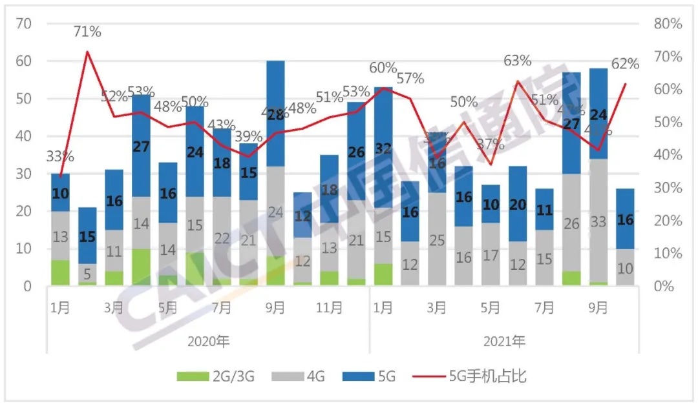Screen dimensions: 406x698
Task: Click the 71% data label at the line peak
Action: coord(87,31)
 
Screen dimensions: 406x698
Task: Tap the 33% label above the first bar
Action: coord(60,156)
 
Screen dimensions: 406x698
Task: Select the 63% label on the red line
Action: coord(517,61)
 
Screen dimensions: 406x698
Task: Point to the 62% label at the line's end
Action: coord(624,63)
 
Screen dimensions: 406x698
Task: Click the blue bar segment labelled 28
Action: coord(275,114)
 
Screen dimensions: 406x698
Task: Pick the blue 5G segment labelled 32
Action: coord(383,148)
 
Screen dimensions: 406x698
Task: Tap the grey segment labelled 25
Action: coord(437,240)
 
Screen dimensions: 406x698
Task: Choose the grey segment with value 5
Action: coord(87,274)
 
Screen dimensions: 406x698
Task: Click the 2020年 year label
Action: coord(207,340)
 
